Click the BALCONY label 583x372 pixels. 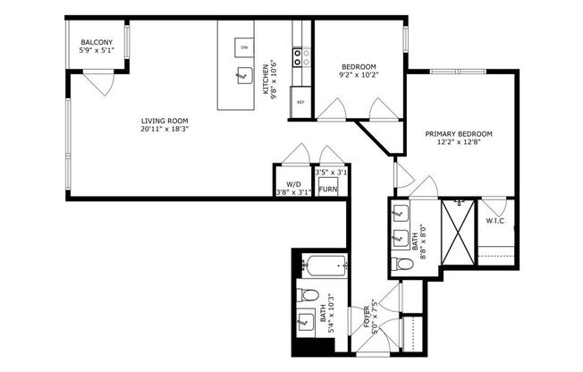[96, 42]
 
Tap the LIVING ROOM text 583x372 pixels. [165, 121]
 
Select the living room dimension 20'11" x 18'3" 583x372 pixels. [165, 130]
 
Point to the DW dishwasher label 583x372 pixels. [243, 46]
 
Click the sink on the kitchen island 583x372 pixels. [242, 75]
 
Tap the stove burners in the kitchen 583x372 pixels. [302, 58]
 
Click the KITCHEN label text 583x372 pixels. [266, 82]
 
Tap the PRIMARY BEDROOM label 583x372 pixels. [458, 134]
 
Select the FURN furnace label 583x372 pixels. [328, 190]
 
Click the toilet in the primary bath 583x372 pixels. [402, 264]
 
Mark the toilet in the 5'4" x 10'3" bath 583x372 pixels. [308, 295]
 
